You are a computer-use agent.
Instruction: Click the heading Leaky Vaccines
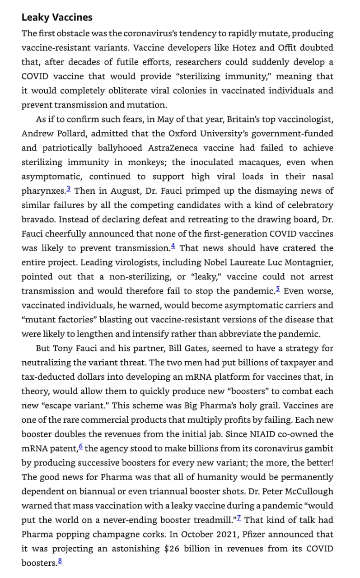click(x=57, y=18)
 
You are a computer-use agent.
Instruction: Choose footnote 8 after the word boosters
click(x=60, y=562)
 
